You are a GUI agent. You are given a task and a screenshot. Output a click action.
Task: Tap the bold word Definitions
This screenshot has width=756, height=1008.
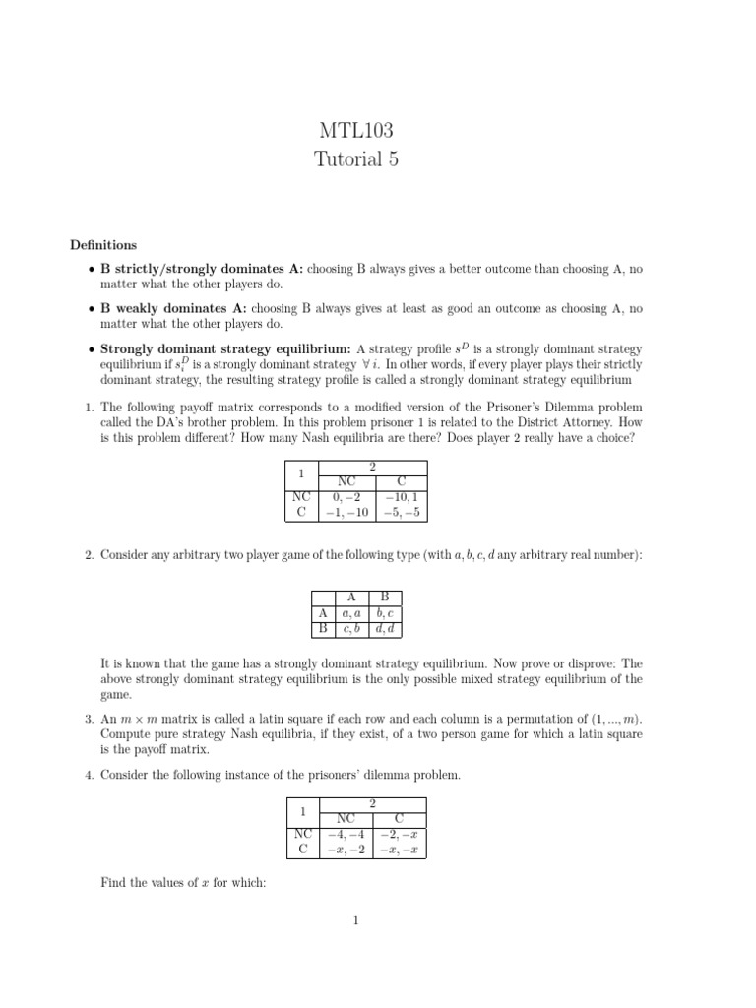click(103, 245)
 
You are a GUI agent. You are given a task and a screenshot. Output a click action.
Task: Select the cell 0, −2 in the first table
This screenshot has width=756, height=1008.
click(346, 497)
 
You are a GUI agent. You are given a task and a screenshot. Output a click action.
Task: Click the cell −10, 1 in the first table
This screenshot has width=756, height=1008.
click(402, 497)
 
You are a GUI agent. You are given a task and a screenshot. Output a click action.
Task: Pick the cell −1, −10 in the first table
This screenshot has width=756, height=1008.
click(346, 512)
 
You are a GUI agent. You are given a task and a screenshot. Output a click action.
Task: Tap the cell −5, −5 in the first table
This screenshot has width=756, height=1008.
click(402, 512)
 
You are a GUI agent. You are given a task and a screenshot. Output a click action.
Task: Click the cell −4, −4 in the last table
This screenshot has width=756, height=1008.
click(346, 833)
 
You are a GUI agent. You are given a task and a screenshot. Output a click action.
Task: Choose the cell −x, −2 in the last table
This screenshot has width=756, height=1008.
click(346, 849)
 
